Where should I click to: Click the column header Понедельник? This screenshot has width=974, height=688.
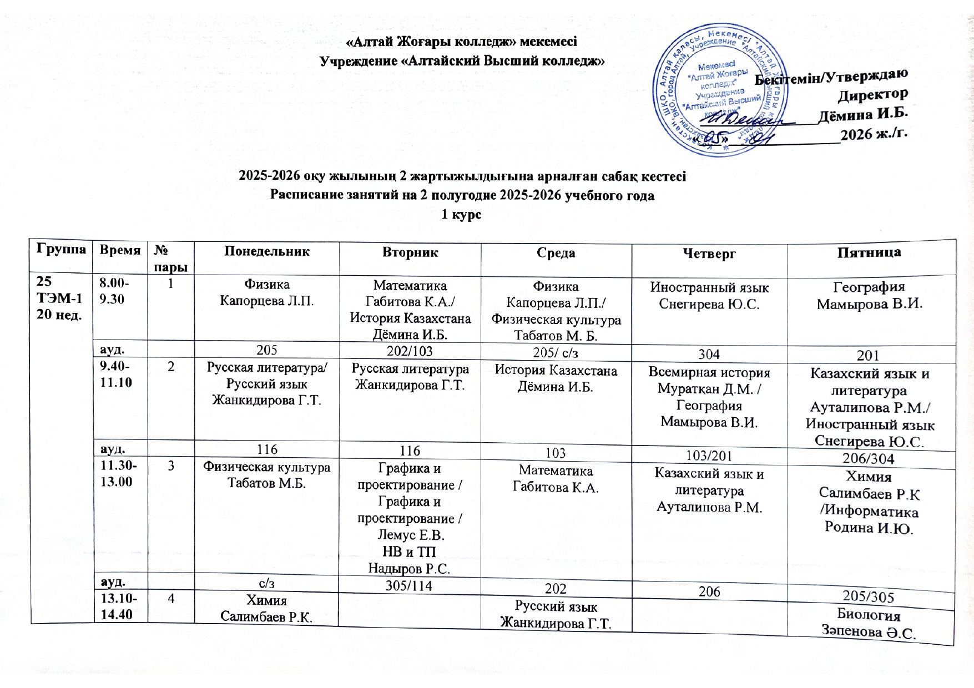click(267, 251)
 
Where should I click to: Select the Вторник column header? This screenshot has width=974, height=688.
click(410, 252)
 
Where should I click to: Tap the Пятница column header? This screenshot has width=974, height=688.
click(869, 252)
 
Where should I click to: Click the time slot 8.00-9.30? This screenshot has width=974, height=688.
click(114, 291)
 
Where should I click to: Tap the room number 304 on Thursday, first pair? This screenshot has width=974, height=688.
click(709, 354)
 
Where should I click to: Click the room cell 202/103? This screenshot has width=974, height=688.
click(410, 351)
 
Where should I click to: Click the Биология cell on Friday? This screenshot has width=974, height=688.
click(869, 623)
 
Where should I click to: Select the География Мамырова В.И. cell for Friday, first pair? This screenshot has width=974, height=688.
click(869, 295)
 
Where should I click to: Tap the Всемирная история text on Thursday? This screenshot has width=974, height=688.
click(709, 372)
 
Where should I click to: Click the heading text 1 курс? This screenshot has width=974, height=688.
click(461, 214)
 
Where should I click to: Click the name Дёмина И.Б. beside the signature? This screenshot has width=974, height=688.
click(863, 114)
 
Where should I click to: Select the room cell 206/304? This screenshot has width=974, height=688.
click(869, 458)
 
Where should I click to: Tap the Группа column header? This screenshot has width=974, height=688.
click(62, 249)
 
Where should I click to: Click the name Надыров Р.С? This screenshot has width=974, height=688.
click(409, 568)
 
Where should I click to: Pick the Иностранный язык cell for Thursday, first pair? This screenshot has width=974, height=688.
click(709, 296)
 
